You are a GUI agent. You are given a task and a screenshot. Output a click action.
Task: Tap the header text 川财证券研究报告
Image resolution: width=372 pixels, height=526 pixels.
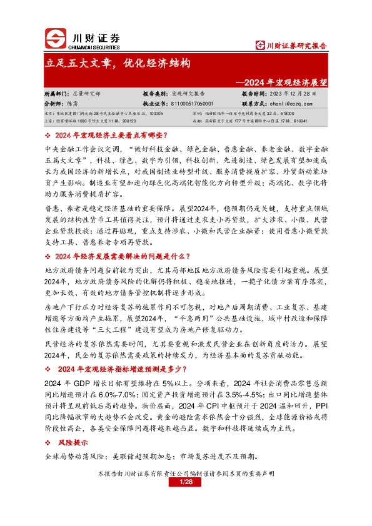tap(292, 45)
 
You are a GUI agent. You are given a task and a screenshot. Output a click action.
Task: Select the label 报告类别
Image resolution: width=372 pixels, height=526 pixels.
tap(154, 94)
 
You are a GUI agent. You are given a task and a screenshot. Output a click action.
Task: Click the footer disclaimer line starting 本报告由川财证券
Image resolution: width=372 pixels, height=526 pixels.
tap(185, 474)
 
